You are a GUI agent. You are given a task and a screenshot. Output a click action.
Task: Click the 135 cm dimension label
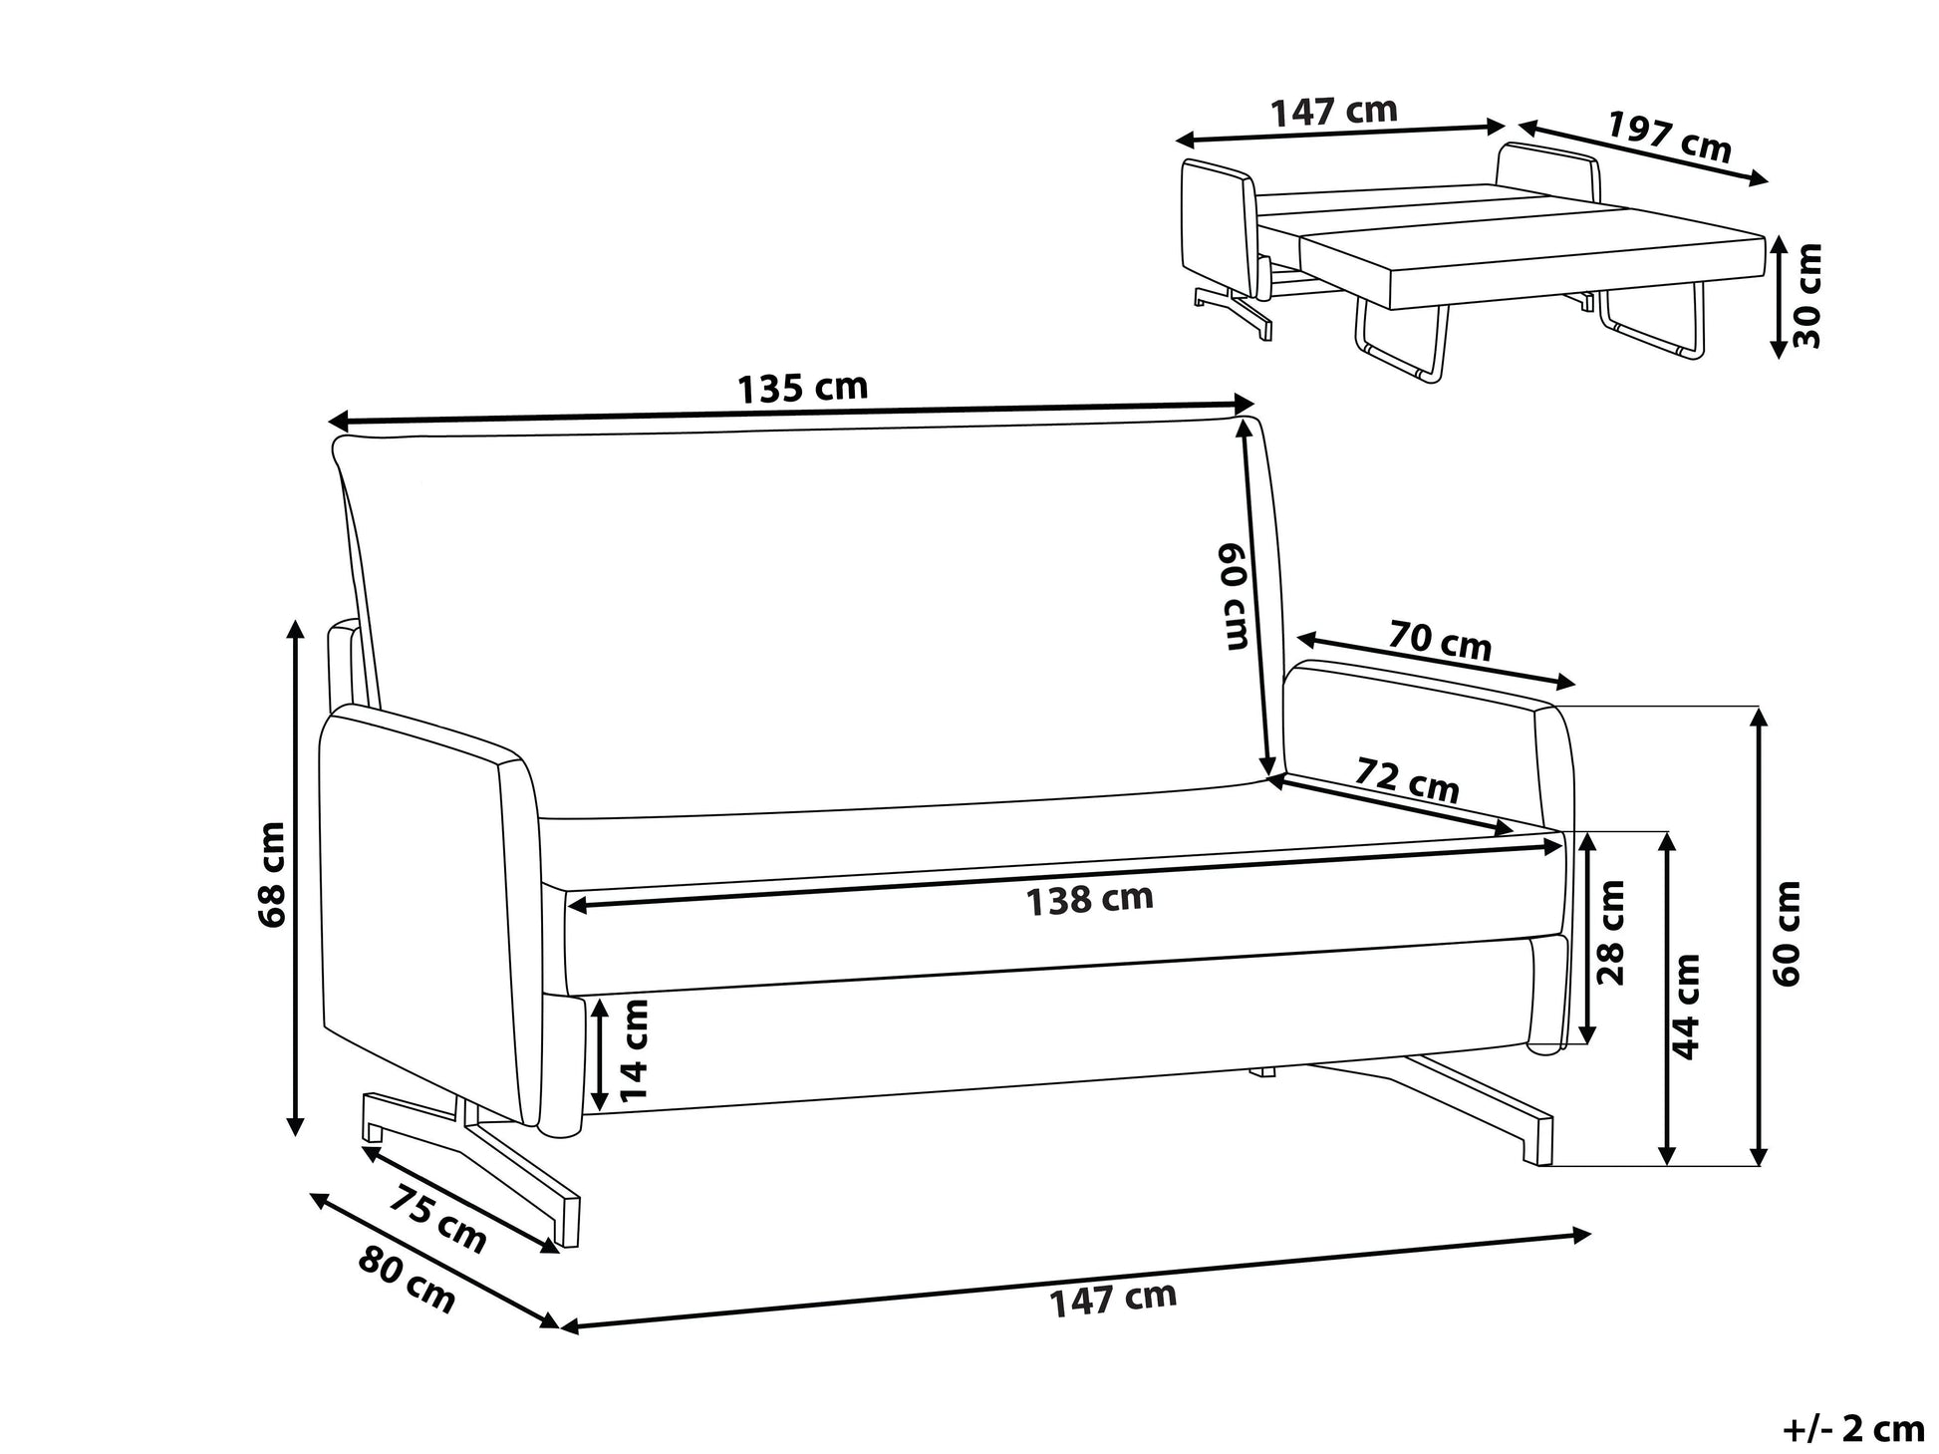[x=802, y=388]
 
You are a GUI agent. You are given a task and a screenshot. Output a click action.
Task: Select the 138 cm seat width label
[x=1090, y=900]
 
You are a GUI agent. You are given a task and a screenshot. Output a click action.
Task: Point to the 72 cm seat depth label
[x=1407, y=780]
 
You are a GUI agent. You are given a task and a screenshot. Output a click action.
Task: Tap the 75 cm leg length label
[x=436, y=1219]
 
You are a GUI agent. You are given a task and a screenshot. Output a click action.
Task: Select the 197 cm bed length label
[x=1670, y=137]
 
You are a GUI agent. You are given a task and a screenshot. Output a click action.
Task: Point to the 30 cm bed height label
[x=1806, y=295]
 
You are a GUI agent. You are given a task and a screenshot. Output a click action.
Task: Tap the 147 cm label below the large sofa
[x=1113, y=1299]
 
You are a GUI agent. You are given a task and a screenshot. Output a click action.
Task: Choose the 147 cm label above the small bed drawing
[x=1334, y=111]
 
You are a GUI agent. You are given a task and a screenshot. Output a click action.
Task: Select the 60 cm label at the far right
[x=1788, y=933]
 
